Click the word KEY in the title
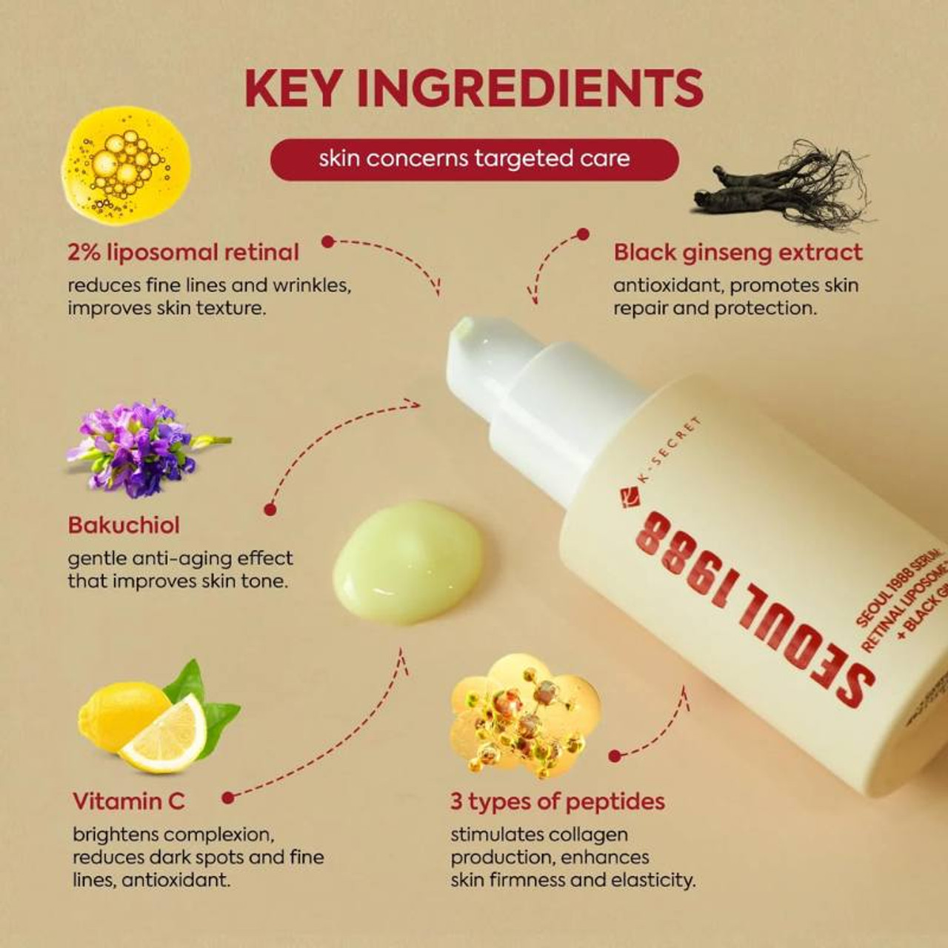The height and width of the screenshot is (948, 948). (x=294, y=88)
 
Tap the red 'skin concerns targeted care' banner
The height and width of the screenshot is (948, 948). (x=474, y=159)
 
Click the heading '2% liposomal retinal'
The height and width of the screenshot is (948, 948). (x=183, y=253)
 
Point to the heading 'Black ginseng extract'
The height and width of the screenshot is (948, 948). (x=738, y=253)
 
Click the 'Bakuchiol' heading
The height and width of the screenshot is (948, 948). (x=124, y=525)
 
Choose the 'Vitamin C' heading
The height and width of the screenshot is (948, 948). (x=128, y=801)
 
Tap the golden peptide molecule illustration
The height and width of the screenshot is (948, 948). (x=526, y=715)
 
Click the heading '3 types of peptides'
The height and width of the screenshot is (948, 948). (x=557, y=801)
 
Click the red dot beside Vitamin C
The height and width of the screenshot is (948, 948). (x=228, y=798)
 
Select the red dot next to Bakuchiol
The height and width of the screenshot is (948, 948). (x=270, y=510)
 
